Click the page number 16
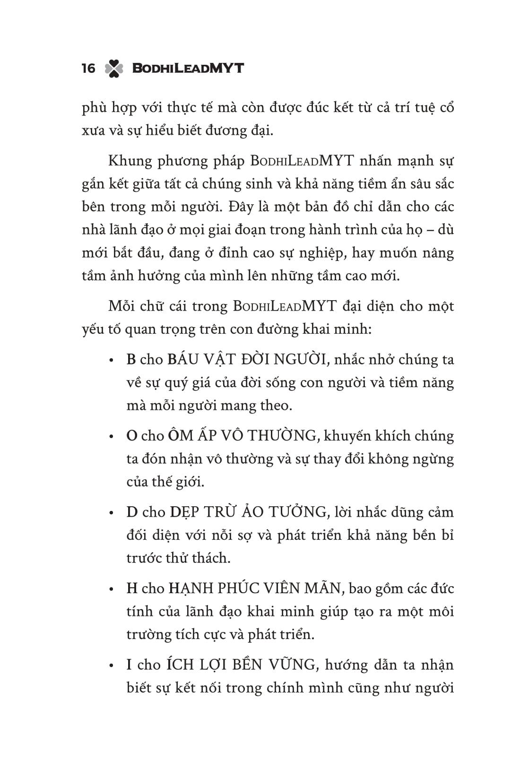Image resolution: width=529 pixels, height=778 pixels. (88, 69)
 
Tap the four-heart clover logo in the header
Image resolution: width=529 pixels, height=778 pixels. (113, 69)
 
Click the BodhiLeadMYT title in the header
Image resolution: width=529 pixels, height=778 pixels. (188, 69)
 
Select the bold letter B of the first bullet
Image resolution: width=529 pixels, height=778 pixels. (131, 360)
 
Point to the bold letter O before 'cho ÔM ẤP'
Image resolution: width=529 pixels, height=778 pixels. (131, 436)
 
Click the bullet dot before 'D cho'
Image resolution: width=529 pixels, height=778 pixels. (112, 513)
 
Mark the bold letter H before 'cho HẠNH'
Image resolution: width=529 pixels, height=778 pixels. (132, 589)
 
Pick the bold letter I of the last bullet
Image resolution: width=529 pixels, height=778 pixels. (129, 666)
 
